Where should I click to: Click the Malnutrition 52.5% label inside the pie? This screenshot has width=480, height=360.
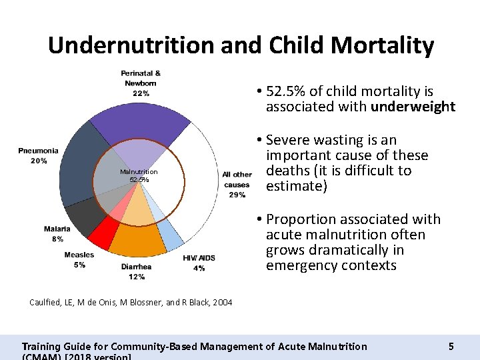coord(139,175)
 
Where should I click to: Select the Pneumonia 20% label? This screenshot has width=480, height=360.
coord(38,155)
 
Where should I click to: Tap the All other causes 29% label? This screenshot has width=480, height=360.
coord(237,185)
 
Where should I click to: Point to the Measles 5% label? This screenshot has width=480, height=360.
coord(79,259)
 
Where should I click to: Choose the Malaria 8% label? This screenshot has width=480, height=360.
coord(57,233)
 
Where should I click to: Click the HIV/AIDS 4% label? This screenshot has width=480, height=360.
coord(199,263)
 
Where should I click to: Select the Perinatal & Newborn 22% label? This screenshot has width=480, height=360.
coord(141,83)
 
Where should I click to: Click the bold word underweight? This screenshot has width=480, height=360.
coord(413,107)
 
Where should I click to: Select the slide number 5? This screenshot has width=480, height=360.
coord(451,346)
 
